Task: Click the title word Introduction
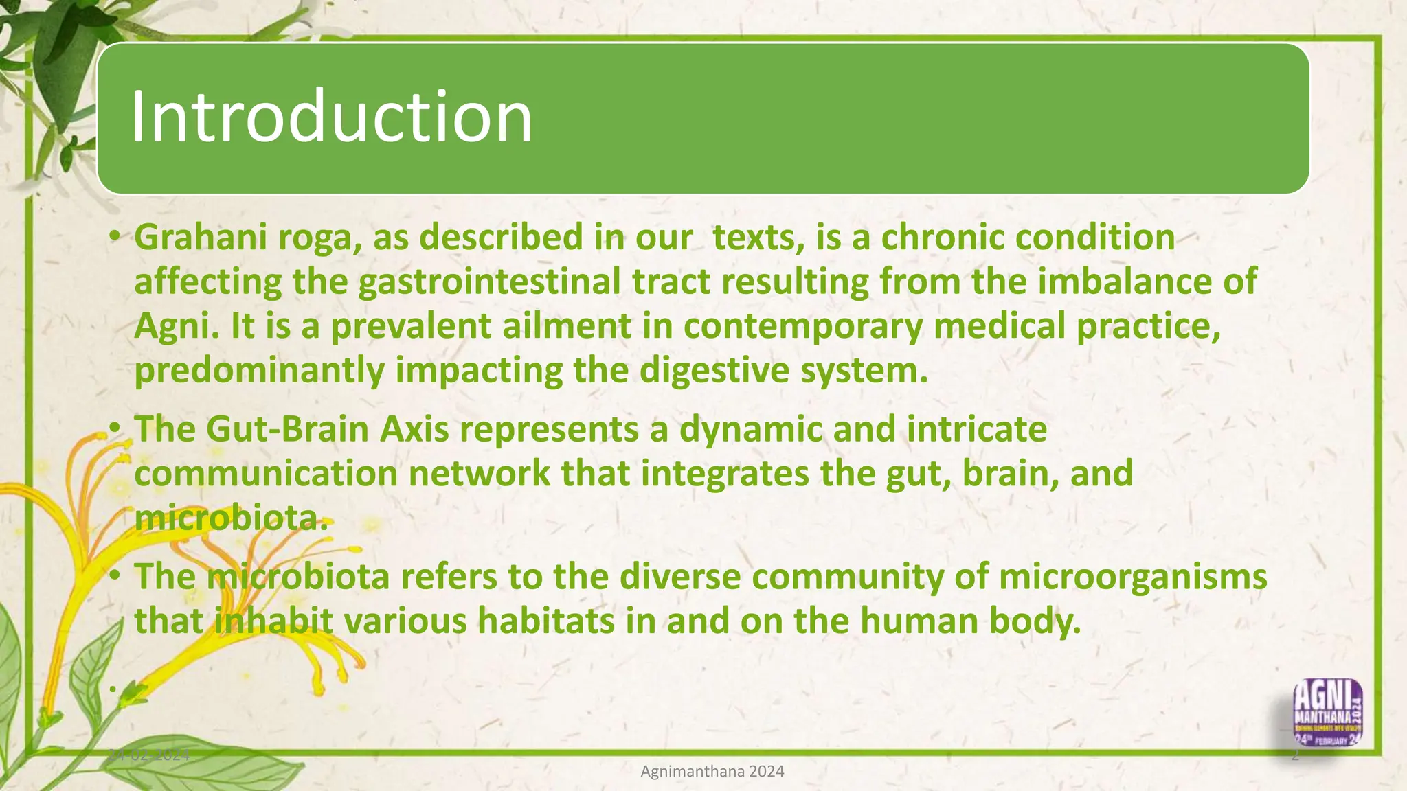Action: click(x=331, y=117)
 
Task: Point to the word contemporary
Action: click(x=802, y=326)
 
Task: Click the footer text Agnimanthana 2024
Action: click(x=712, y=772)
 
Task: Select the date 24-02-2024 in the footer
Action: click(x=149, y=755)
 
